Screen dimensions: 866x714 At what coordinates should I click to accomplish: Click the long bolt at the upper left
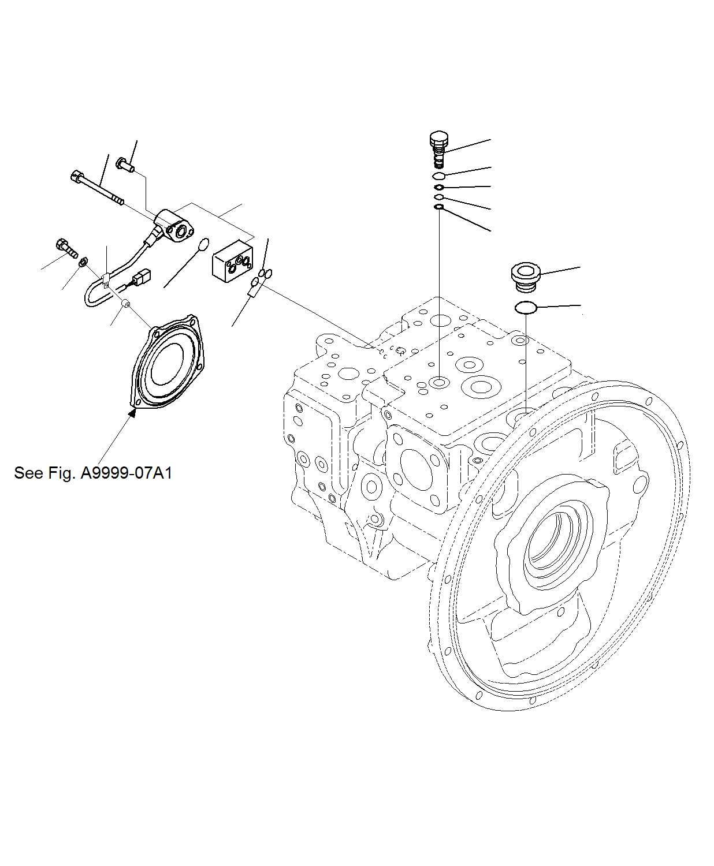(97, 187)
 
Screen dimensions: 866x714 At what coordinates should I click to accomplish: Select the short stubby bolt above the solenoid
(125, 165)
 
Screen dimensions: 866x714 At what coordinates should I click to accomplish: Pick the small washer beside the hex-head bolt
(83, 263)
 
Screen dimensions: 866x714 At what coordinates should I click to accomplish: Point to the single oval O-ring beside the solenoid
(202, 245)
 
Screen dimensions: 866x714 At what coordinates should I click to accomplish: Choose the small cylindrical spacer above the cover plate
(125, 305)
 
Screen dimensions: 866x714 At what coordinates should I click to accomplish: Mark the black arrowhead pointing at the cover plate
(133, 412)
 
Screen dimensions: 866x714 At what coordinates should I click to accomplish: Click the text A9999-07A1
(126, 473)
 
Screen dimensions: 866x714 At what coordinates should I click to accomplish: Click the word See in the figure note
(28, 473)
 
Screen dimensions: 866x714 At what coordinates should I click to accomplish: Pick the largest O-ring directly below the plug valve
(439, 176)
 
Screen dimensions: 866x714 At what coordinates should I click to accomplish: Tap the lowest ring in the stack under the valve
(439, 207)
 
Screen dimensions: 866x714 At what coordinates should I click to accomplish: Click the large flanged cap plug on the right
(525, 277)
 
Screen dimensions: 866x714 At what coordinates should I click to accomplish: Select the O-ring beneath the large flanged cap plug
(526, 308)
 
